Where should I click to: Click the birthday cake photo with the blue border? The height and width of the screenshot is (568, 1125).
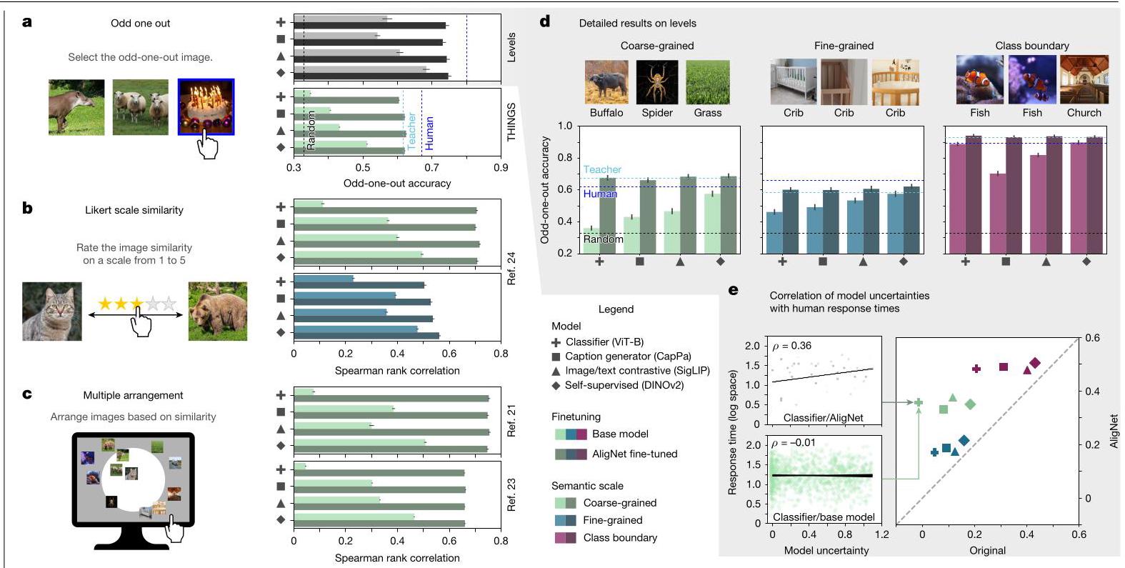click(x=206, y=106)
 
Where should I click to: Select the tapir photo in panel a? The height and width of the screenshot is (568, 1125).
click(x=76, y=107)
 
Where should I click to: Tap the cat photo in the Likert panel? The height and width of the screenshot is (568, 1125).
click(x=51, y=312)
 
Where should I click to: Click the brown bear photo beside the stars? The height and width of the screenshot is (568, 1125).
click(x=217, y=312)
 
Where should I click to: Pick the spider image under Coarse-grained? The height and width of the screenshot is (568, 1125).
click(x=657, y=82)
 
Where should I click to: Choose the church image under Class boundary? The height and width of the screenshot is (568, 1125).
click(x=1084, y=79)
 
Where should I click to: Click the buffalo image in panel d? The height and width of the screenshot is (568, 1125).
click(x=606, y=82)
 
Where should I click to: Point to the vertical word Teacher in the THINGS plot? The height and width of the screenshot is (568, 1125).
click(x=412, y=131)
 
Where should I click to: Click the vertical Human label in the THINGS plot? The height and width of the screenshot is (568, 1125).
click(x=429, y=134)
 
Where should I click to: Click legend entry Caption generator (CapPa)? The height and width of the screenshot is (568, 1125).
click(x=621, y=357)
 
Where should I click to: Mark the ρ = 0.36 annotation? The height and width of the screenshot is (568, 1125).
click(x=791, y=346)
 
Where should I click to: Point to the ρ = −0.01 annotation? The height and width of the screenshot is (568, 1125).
click(x=794, y=444)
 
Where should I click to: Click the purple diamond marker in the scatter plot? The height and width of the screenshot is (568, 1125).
click(x=1035, y=363)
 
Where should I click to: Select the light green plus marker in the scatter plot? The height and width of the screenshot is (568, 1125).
click(x=919, y=402)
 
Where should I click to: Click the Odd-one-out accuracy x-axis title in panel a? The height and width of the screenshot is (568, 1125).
click(x=396, y=184)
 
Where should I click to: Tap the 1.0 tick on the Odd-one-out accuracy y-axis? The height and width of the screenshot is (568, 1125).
click(x=565, y=126)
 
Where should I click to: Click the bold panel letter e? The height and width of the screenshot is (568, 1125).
click(x=734, y=290)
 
